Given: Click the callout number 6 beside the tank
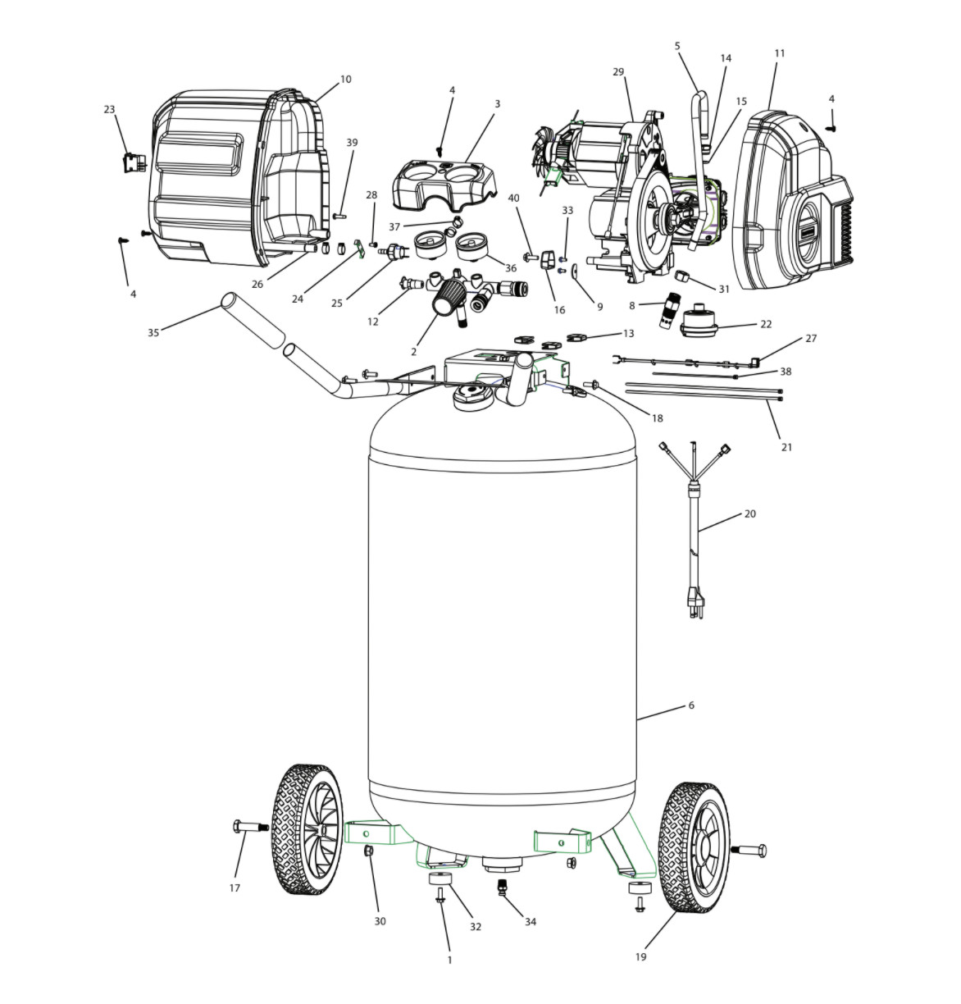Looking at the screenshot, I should [x=691, y=705].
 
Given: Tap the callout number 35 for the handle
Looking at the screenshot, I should [x=153, y=332].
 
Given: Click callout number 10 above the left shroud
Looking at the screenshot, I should [x=345, y=80].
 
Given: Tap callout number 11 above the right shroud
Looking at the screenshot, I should [x=779, y=53].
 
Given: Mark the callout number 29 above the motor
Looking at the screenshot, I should [x=618, y=72].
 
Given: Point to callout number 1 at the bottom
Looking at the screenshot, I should [x=449, y=959].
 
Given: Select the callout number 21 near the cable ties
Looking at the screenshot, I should [x=786, y=447].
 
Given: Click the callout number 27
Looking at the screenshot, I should [x=811, y=338].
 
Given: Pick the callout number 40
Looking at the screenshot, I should [x=514, y=199].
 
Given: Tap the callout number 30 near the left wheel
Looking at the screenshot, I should [x=380, y=921].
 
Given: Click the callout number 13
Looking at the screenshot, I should [x=629, y=333].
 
